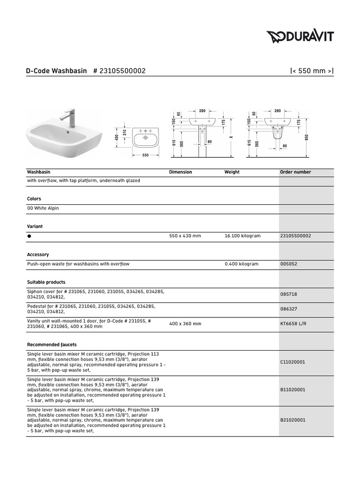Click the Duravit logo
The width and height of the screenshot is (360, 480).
(300, 36)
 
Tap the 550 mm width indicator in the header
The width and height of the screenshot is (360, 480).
(312, 71)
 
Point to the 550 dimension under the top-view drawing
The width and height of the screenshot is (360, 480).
(145, 155)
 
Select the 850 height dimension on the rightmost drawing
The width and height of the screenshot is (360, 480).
(306, 137)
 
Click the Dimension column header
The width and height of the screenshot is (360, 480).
(180, 172)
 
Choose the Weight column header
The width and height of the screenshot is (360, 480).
(232, 172)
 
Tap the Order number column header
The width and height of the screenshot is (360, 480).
(295, 172)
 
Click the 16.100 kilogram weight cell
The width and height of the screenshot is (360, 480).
(242, 236)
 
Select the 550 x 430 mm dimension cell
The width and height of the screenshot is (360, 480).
(185, 236)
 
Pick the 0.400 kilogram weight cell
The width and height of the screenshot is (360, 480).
(241, 264)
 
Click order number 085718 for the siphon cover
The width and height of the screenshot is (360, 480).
(288, 294)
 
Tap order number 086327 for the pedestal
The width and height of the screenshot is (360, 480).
(288, 309)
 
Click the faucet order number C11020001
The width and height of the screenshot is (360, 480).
(292, 362)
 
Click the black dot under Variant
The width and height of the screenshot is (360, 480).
(30, 236)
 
